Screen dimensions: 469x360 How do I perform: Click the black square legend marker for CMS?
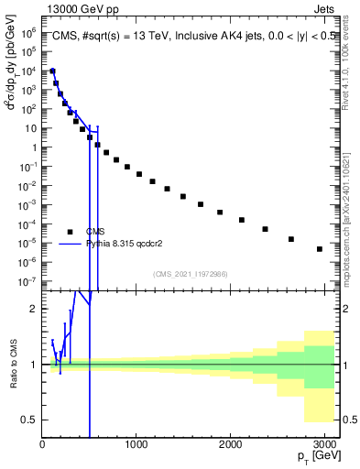[x=70, y=232]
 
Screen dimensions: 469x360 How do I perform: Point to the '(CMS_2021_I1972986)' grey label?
[x=190, y=274]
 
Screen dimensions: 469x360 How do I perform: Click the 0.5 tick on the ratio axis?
[x=28, y=420]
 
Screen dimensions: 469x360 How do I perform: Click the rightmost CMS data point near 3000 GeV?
[x=319, y=248]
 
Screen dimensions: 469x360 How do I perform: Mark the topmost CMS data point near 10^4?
[x=52, y=71]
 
